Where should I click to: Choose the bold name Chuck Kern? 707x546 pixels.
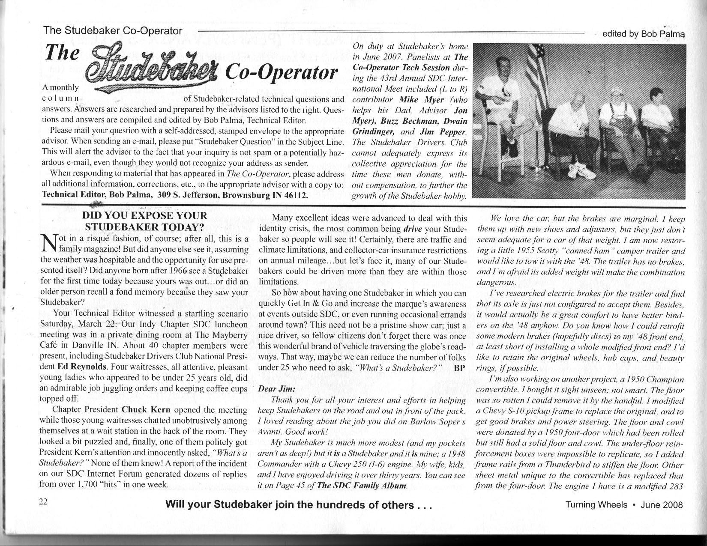click(x=147, y=409)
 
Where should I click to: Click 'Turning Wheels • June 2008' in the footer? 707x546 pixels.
click(x=624, y=504)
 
